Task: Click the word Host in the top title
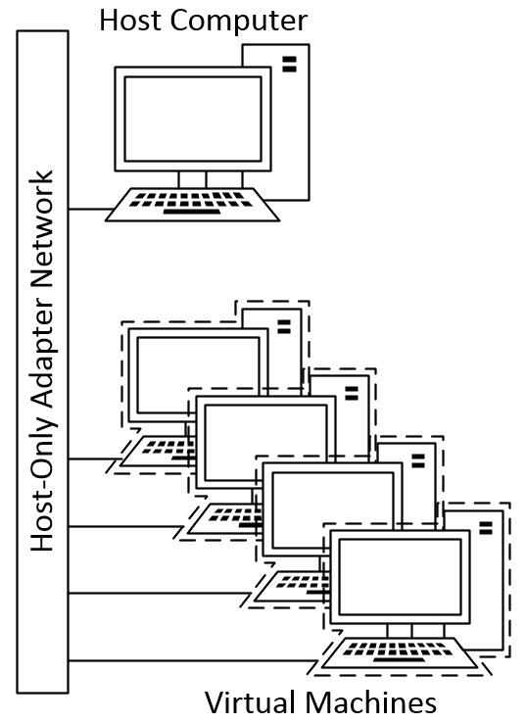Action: [x=131, y=21]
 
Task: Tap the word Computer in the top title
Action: [x=239, y=22]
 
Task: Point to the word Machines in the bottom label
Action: [x=370, y=702]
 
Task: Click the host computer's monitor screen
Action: [x=193, y=119]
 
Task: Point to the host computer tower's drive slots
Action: [x=290, y=64]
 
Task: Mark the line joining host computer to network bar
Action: [x=91, y=210]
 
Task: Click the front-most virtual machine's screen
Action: [x=401, y=576]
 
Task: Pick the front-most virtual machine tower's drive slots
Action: [x=486, y=528]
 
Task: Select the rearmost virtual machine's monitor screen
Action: [x=199, y=375]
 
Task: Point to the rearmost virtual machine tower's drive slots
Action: [x=284, y=326]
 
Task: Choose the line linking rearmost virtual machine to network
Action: [x=95, y=458]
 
